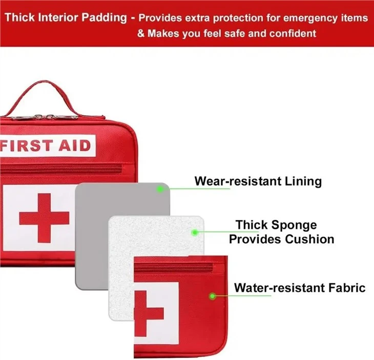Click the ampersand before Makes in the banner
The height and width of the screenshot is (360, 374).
[x=141, y=33]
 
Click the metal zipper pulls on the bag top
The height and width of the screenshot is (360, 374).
[x=45, y=117]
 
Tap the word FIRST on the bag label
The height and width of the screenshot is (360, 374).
[x=26, y=145]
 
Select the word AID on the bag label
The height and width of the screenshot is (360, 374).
[x=75, y=145]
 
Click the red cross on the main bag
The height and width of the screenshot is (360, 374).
[x=44, y=218]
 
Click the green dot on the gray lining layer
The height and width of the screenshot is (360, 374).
[x=160, y=189]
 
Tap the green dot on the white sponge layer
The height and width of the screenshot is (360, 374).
[x=195, y=232]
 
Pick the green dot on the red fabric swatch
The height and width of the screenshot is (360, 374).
[x=212, y=297]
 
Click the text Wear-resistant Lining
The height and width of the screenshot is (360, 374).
[x=258, y=181]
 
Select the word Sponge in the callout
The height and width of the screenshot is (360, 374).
[x=294, y=225]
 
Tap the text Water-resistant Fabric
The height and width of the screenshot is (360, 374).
[x=300, y=288]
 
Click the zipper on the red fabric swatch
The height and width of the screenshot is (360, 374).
[x=173, y=268]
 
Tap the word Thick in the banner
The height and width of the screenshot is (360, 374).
[x=19, y=17]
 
